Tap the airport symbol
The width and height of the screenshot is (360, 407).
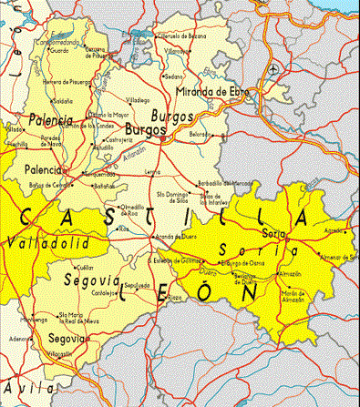274,69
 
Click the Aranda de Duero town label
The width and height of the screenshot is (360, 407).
177,237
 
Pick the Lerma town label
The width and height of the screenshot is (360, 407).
153,171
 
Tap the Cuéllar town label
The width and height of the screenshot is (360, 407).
85,268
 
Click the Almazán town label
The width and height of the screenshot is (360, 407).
290,273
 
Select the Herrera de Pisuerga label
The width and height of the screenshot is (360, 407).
67,82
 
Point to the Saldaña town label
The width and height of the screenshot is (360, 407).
63,101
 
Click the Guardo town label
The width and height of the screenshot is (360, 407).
58,51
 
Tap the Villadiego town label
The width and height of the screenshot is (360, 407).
138,100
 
